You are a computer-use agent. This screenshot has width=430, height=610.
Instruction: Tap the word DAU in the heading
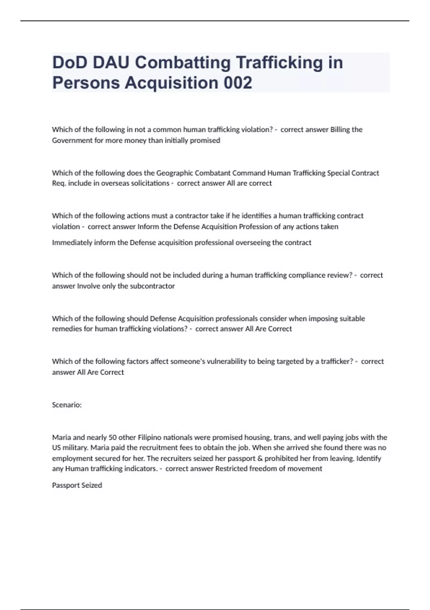[x=111, y=62]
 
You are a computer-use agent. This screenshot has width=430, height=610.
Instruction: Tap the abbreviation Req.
[x=59, y=183]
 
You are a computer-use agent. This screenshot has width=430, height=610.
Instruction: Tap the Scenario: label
[x=67, y=405]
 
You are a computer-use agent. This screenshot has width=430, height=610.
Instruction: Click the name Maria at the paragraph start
[x=61, y=437]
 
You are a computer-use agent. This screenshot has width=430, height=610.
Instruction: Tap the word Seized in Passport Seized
[x=92, y=485]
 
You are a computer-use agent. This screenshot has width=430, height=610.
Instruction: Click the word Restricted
[x=231, y=469]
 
